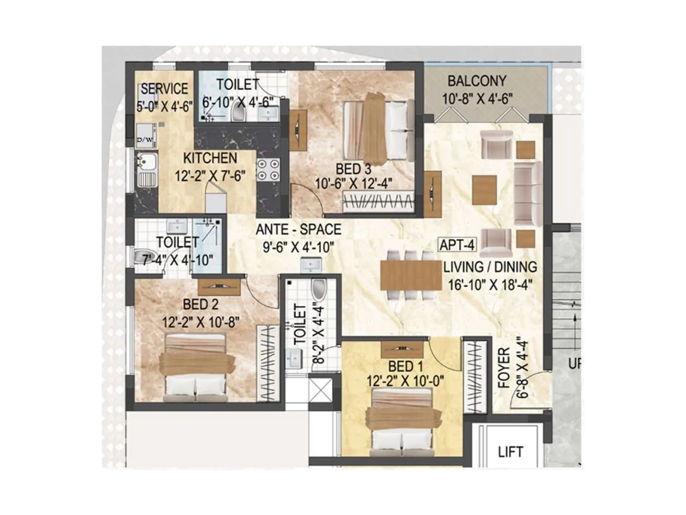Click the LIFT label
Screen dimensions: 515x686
point(510,452)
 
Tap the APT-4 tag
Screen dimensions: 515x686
point(457,245)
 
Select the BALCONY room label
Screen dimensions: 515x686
point(477,81)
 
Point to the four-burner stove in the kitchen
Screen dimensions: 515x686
point(268,170)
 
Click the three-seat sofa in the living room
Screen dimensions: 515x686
point(527,194)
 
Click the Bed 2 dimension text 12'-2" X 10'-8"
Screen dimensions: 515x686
point(201,322)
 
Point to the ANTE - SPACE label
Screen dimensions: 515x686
point(298,230)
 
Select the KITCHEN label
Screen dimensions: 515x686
point(210,158)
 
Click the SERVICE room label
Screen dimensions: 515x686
point(164,89)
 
